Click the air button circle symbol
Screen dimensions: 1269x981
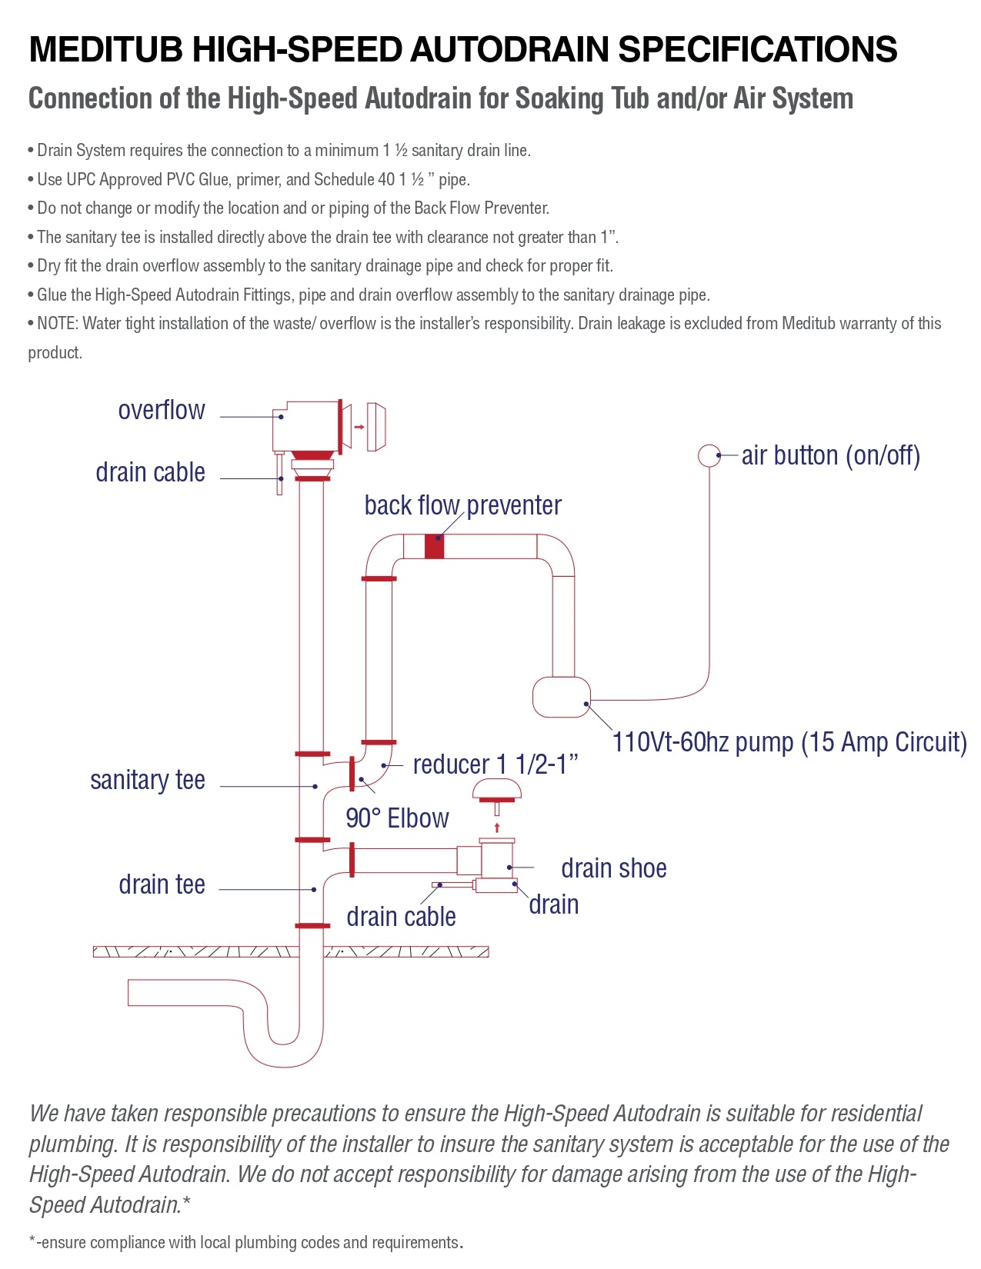point(709,455)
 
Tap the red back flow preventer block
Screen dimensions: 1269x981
point(434,546)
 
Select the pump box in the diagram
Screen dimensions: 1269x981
point(562,697)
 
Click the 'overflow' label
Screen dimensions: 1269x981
point(162,411)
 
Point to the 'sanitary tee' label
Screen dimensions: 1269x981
point(148,781)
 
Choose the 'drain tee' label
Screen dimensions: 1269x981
point(162,885)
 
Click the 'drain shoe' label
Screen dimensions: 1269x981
point(613,869)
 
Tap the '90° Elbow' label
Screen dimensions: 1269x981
point(397,818)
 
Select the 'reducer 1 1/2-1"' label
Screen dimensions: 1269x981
point(496,764)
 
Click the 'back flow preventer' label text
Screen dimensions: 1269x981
point(462,506)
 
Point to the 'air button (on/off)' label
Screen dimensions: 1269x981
point(830,456)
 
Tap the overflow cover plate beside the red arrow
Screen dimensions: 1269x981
point(376,427)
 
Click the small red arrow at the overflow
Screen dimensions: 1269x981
point(359,427)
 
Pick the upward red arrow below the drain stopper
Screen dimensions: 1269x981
point(497,828)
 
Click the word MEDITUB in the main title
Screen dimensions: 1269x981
point(105,50)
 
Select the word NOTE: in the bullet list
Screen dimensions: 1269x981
point(58,324)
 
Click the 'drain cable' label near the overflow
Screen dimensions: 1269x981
point(150,473)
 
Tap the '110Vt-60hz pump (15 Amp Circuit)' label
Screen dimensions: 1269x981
point(789,743)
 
